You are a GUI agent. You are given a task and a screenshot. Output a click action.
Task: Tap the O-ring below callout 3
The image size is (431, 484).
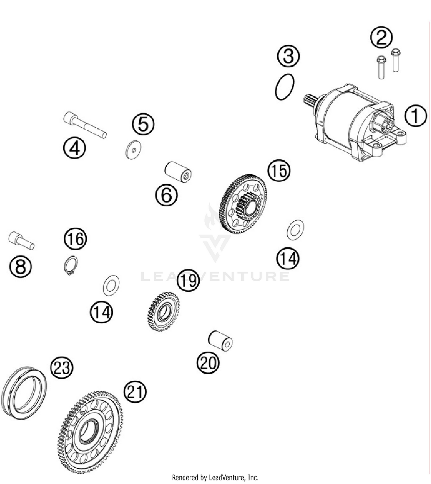click(x=284, y=87)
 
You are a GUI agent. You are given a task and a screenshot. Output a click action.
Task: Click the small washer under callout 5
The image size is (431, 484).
click(x=133, y=150)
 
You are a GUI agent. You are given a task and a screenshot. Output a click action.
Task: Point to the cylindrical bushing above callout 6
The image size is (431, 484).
click(x=178, y=172)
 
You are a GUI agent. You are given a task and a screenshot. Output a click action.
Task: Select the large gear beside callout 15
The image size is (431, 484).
click(x=244, y=204)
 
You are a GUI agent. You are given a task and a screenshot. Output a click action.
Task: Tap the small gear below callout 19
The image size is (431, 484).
click(x=163, y=312)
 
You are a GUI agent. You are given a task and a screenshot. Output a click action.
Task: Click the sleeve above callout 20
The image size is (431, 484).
click(x=220, y=340)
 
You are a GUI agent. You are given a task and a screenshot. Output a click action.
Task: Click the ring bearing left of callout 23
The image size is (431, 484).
click(x=24, y=392)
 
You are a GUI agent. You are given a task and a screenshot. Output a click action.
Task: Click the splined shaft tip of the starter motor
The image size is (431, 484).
click(x=309, y=101)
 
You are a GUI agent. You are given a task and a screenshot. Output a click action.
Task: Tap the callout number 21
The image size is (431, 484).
click(x=135, y=392)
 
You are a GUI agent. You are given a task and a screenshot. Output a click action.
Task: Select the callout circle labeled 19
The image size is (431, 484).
click(x=188, y=280)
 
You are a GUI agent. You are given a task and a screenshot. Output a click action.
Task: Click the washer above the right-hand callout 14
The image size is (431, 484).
click(x=295, y=230)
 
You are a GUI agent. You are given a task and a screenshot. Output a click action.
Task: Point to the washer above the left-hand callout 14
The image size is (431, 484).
click(x=111, y=285)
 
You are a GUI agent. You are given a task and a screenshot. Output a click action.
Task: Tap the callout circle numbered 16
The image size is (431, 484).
click(x=75, y=239)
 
